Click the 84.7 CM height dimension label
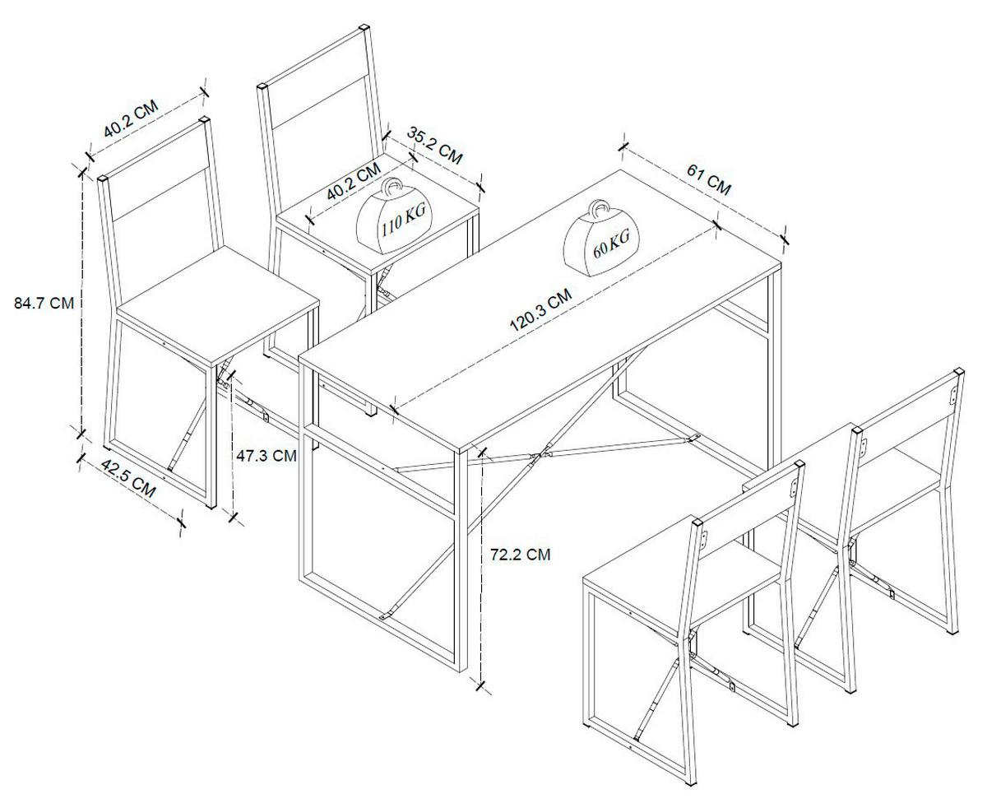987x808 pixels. (x=44, y=304)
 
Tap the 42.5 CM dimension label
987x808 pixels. (x=128, y=479)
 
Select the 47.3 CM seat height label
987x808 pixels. (x=266, y=456)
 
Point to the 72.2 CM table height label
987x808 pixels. (x=521, y=555)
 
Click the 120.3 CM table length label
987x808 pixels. (x=540, y=310)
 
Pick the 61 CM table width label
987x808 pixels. (x=708, y=179)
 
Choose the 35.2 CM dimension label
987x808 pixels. (x=435, y=145)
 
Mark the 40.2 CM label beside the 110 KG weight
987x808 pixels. (x=354, y=182)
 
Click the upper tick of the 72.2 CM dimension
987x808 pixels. (x=481, y=452)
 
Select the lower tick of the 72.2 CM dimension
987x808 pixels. (x=480, y=686)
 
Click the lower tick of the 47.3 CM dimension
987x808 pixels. (x=233, y=517)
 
